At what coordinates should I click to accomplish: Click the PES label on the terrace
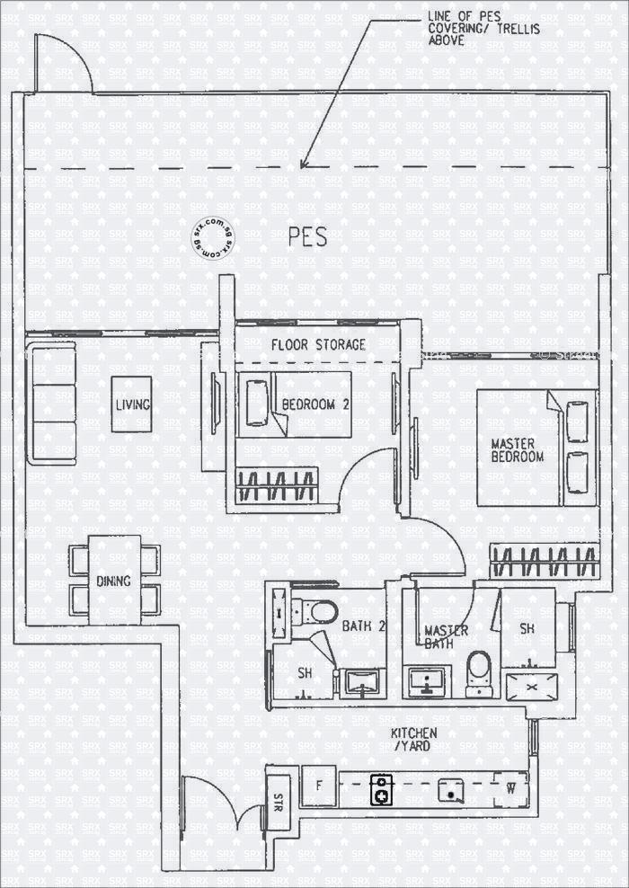tap(307, 237)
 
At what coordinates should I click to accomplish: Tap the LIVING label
tap(132, 405)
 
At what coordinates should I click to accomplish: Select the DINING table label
tap(114, 581)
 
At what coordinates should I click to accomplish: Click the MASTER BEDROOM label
tap(517, 449)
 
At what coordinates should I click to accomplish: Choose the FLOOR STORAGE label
tap(318, 344)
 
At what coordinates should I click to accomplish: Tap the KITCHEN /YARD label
tap(414, 740)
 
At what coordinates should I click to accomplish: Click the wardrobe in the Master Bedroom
tap(545, 563)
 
